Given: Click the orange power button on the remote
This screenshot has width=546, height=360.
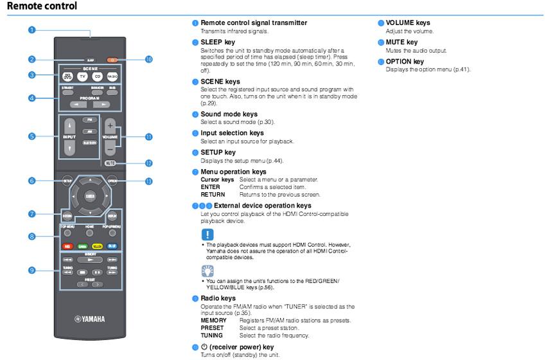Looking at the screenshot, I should (x=112, y=59).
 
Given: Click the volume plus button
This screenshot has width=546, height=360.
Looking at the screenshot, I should (x=110, y=125).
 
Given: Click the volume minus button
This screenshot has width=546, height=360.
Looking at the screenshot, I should (x=110, y=148).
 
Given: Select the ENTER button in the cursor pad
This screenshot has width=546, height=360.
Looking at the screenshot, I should (x=90, y=195).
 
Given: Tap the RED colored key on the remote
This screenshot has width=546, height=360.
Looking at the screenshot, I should (x=67, y=245).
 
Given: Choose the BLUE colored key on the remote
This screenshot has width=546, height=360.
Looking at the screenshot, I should (x=112, y=245).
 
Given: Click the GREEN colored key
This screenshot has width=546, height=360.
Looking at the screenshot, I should (x=82, y=245).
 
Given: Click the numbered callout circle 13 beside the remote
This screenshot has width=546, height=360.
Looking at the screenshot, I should (x=149, y=181).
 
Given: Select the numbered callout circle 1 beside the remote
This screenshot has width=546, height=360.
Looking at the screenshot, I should (x=31, y=30).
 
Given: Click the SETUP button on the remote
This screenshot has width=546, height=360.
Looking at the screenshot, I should (x=67, y=181).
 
